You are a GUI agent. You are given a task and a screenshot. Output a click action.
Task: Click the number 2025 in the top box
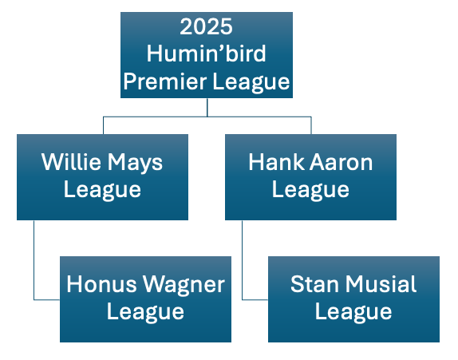tap(206, 26)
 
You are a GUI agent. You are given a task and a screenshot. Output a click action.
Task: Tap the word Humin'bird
tap(206, 53)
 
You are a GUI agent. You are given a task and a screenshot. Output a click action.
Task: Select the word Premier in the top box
tap(165, 81)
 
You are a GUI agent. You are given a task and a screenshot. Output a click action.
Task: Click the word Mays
tap(136, 163)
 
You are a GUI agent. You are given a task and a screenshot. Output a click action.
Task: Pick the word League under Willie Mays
tap(102, 191)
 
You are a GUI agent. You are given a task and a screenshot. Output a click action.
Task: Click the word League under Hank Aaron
tap(310, 191)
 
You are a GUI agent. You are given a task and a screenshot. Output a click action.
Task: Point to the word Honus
tap(101, 284)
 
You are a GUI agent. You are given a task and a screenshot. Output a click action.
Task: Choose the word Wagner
tap(184, 286)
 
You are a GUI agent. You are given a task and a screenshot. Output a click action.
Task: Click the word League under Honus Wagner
tap(145, 313)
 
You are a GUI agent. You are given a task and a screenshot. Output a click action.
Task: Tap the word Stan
tap(315, 284)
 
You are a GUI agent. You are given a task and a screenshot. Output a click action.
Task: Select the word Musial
tap(381, 284)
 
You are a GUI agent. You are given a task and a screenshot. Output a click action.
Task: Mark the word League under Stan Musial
tap(353, 313)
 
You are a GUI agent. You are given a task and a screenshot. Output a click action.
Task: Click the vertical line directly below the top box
tap(207, 107)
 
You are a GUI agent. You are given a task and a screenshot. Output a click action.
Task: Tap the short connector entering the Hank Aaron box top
tap(311, 125)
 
